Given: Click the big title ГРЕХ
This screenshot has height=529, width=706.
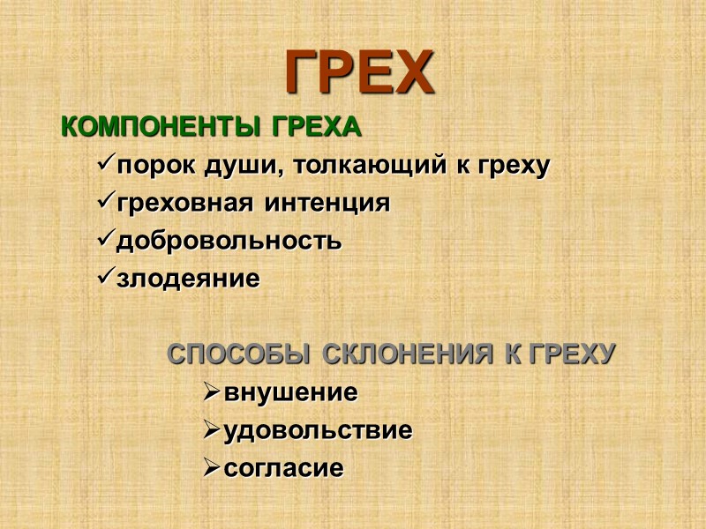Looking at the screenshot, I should (359, 72).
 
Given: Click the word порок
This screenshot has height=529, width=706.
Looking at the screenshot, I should (146, 166).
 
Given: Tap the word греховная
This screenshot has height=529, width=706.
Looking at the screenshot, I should (184, 204).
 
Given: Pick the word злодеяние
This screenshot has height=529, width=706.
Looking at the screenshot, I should (189, 279).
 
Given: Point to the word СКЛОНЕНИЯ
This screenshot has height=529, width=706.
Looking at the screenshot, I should (407, 355).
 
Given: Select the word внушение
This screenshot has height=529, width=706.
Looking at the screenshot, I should (291, 393).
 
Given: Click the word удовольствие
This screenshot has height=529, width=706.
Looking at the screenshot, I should (319, 431).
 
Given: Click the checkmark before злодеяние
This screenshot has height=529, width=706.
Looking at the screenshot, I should (102, 278).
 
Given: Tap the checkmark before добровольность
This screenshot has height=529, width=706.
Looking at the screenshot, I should (102, 240).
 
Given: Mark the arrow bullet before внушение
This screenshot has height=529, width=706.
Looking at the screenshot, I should (211, 393).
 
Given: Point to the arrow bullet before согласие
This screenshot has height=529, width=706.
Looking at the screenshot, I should (211, 469).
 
